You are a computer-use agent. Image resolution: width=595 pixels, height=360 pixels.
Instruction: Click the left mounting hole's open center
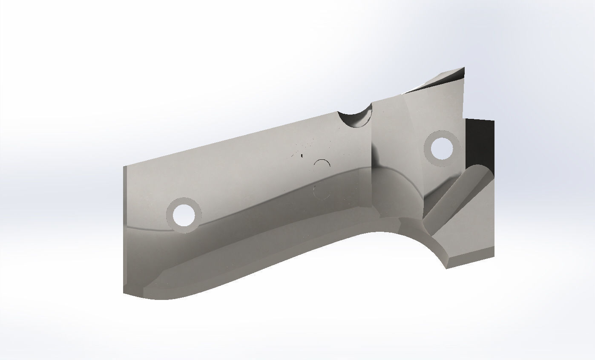click(184, 215)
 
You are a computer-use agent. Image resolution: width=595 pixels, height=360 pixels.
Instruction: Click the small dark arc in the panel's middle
click(322, 164)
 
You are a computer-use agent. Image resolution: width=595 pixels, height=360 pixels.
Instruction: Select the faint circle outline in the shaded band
click(321, 191)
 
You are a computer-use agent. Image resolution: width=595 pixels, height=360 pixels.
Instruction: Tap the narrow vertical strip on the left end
click(125, 230)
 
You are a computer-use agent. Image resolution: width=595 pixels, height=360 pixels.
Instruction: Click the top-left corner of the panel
click(124, 167)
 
